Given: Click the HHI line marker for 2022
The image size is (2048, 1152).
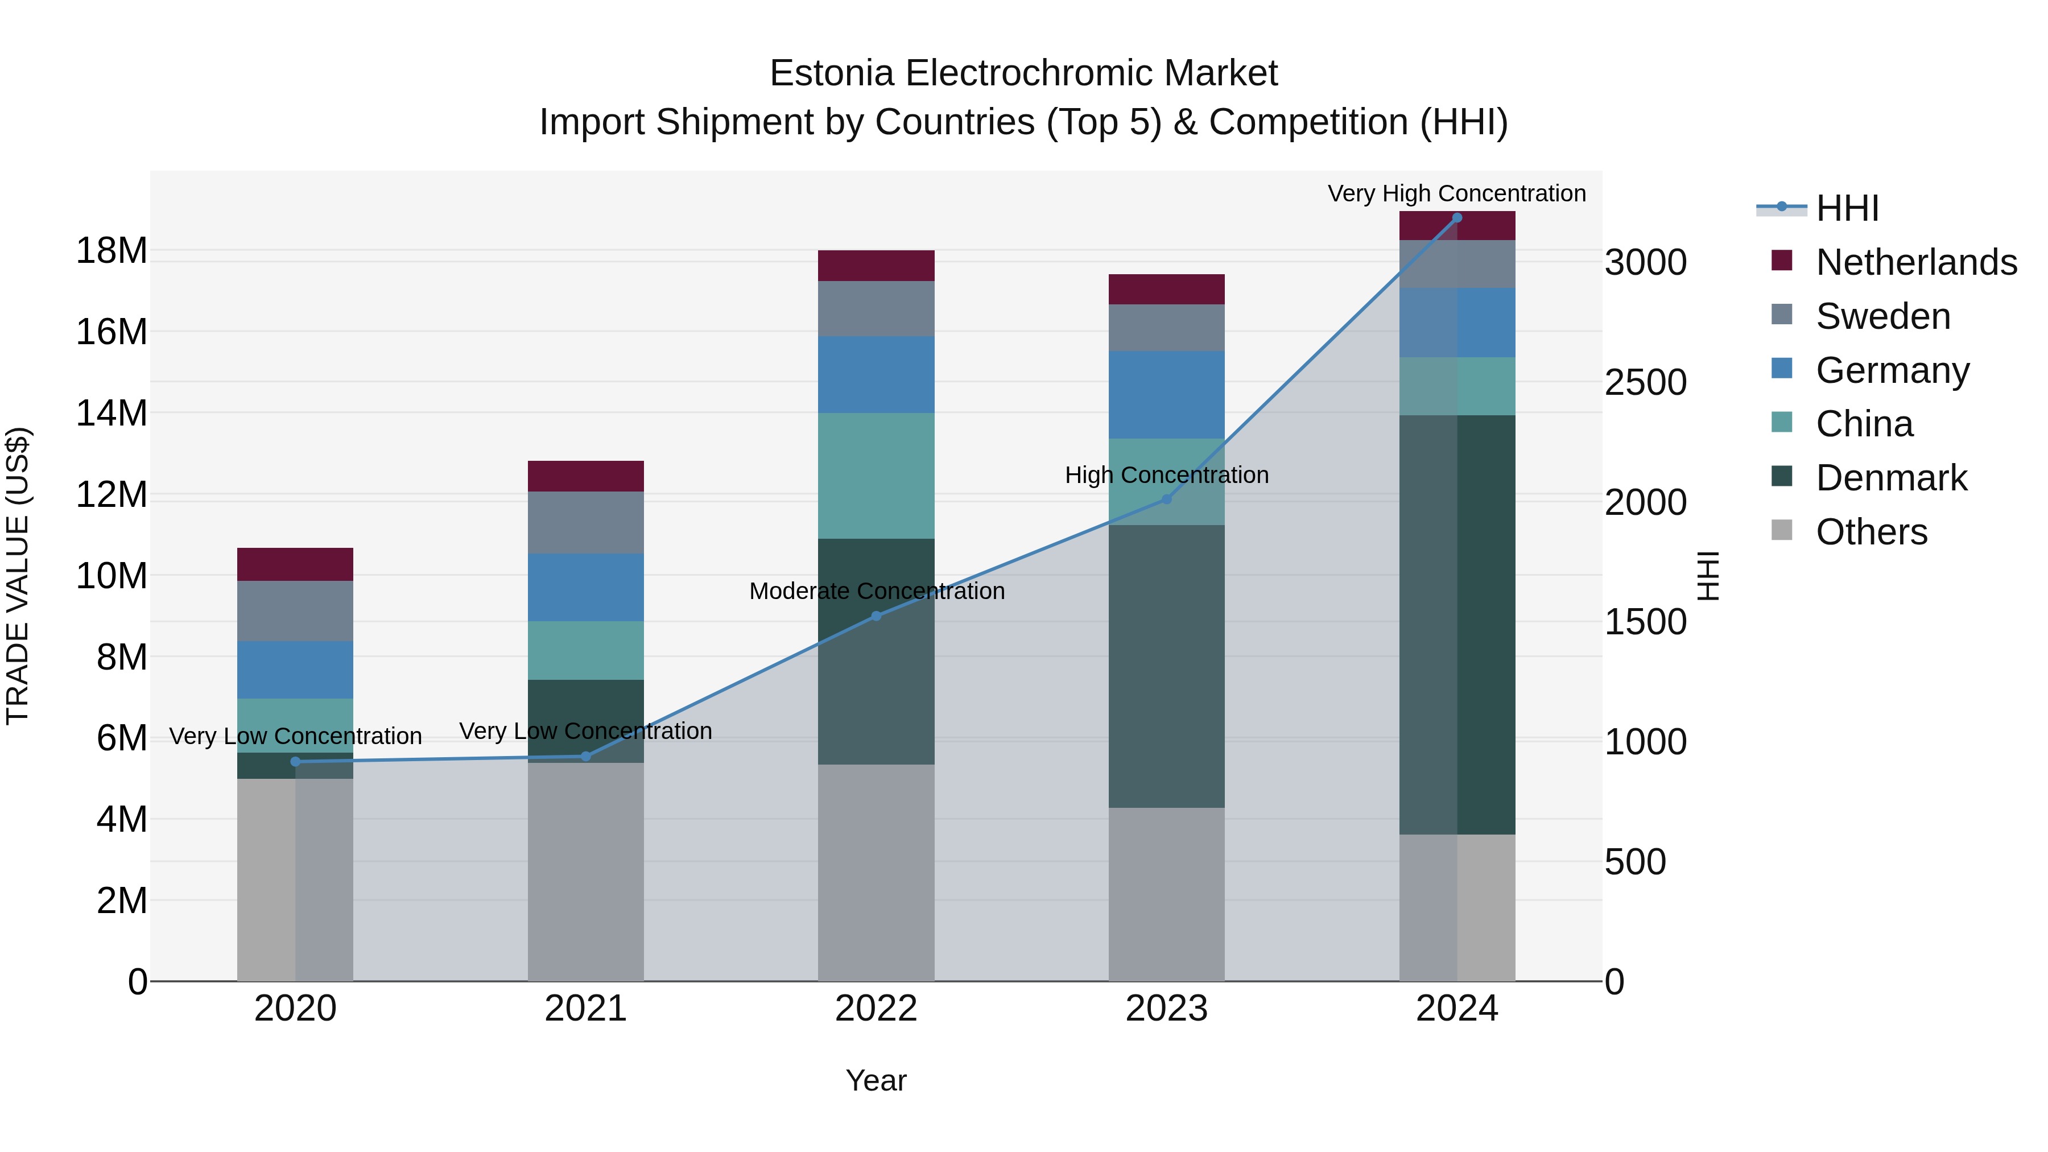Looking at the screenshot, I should pyautogui.click(x=876, y=616).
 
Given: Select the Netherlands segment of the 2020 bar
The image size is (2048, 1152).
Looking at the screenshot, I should pyautogui.click(x=295, y=564).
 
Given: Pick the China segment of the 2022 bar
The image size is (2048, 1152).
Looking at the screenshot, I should pyautogui.click(x=876, y=476).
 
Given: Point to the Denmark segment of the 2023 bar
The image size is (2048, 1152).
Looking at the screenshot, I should pyautogui.click(x=1166, y=666).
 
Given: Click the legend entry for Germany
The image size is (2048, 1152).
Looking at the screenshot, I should pyautogui.click(x=1892, y=370).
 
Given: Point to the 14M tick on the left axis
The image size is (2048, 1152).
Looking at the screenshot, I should pyautogui.click(x=112, y=414).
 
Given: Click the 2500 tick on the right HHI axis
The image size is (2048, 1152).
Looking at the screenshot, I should pyautogui.click(x=1645, y=382).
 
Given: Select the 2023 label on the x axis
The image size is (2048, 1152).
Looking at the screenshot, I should pyautogui.click(x=1166, y=1009).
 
